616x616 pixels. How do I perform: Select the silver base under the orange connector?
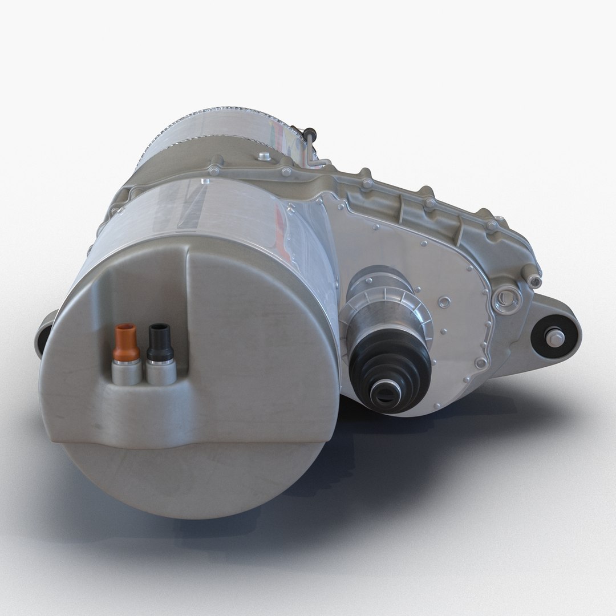[x=127, y=372]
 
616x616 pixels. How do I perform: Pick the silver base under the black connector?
[x=160, y=371]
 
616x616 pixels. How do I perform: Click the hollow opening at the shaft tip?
[x=384, y=394]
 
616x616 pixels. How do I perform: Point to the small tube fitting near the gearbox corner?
[x=533, y=278]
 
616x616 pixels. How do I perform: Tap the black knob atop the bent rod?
[x=310, y=133]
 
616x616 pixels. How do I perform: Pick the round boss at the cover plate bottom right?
[x=482, y=363]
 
